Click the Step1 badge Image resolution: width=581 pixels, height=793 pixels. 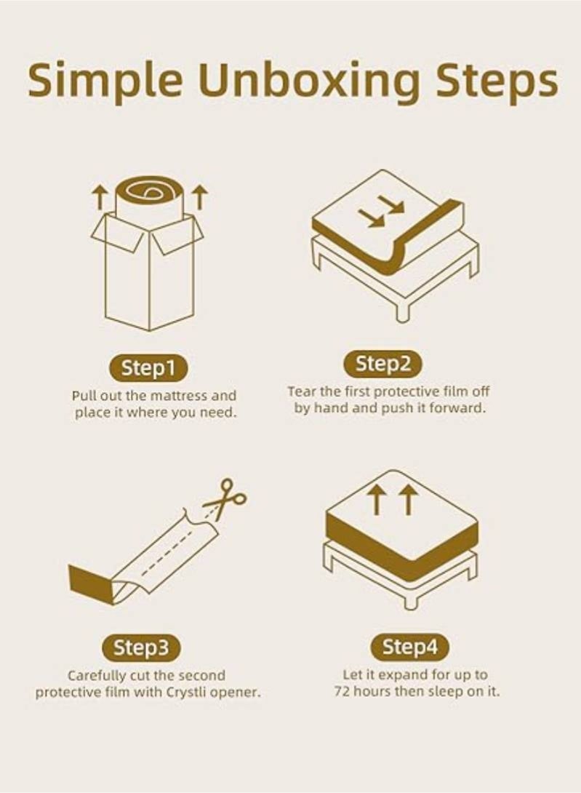[x=148, y=368]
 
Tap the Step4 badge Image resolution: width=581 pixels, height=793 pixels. [x=410, y=646]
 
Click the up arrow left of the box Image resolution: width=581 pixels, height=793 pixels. [x=99, y=196]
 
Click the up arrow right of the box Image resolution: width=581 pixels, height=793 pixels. [x=200, y=196]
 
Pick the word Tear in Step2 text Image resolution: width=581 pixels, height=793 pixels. [x=300, y=392]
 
